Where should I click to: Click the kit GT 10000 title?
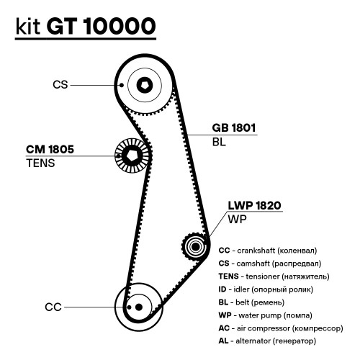tap(86, 26)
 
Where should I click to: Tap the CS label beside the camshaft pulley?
tap(60, 85)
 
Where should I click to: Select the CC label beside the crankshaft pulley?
tap(53, 307)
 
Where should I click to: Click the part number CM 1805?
tap(50, 149)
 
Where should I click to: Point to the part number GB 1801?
tap(234, 127)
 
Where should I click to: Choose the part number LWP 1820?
tap(254, 205)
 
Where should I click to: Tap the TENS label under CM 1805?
tap(40, 163)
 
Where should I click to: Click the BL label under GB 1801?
tap(219, 142)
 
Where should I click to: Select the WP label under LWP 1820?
tap(237, 219)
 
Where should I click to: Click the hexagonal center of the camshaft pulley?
tap(145, 85)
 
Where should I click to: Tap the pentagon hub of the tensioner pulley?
tap(131, 156)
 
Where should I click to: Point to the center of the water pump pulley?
tap(196, 246)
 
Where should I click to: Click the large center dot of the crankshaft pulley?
tap(139, 307)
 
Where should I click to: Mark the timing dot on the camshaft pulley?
tap(122, 85)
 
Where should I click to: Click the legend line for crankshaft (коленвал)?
tap(268, 251)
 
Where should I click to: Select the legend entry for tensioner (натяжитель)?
tap(274, 276)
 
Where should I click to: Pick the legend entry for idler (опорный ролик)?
tap(266, 289)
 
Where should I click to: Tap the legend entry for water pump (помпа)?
tap(266, 315)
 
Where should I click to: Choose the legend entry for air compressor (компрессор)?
tap(281, 328)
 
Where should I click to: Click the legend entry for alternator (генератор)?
tap(267, 341)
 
